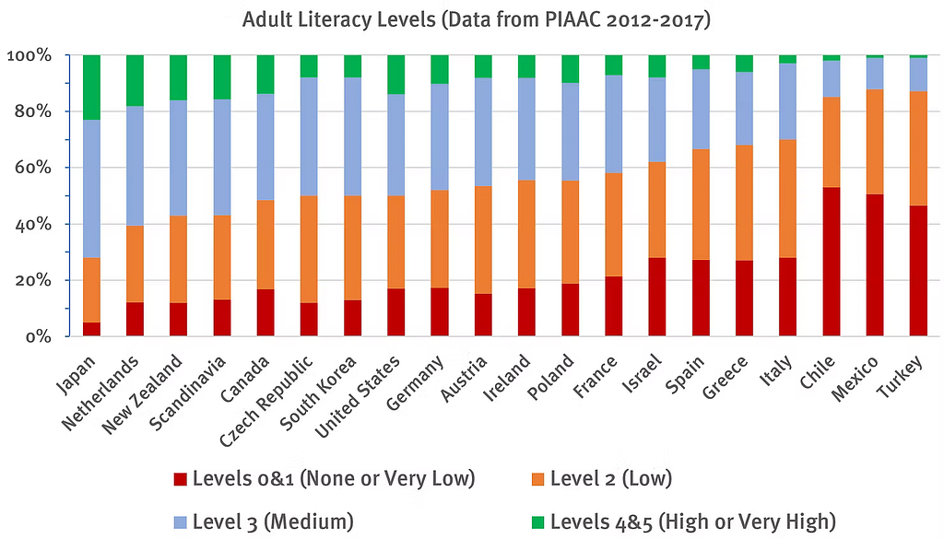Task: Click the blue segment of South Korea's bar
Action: (352, 136)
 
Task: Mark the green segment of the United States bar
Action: (395, 75)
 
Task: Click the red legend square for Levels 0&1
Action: (180, 479)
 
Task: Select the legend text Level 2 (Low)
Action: (610, 478)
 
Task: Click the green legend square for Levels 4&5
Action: (537, 521)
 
